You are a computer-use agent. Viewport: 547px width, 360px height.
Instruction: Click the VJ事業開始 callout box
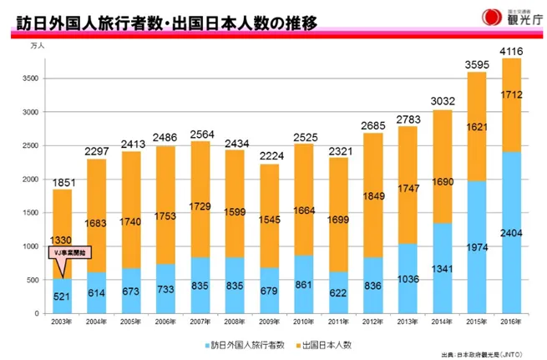click(x=66, y=251)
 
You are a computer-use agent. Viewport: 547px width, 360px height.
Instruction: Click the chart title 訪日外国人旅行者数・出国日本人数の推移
click(x=167, y=23)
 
